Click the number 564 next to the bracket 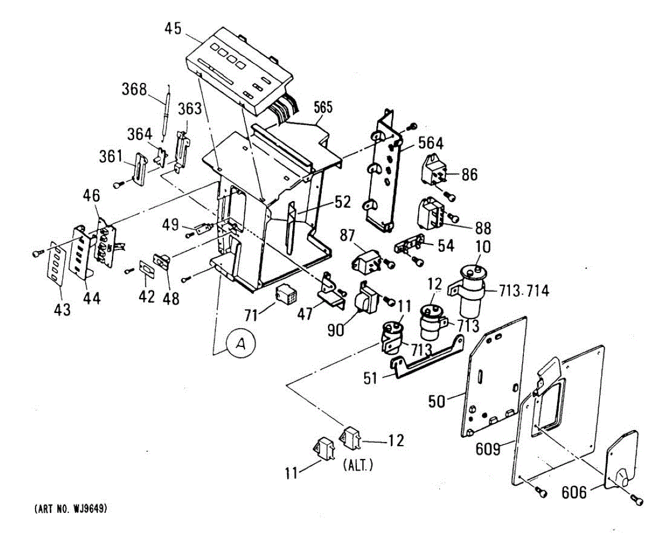[x=430, y=144]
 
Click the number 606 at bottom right [x=574, y=492]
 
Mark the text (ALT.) [x=356, y=465]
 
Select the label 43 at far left [x=62, y=309]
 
